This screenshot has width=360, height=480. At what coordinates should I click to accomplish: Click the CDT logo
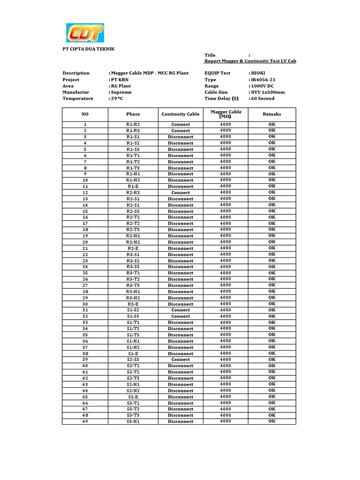pos(85,33)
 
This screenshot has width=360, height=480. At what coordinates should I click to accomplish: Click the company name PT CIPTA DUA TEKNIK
pos(89,49)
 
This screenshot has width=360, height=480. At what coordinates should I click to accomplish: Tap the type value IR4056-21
pos(263,80)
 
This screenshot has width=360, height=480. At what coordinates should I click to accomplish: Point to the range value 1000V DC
pos(262,86)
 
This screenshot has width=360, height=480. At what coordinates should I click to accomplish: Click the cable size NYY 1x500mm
pos(268,92)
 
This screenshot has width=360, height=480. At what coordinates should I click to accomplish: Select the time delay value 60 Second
pos(262,98)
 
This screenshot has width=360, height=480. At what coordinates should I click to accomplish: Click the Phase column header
pos(133,114)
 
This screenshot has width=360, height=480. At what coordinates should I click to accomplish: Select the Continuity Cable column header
pos(180,114)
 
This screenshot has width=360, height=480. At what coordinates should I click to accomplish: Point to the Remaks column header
pos(272,114)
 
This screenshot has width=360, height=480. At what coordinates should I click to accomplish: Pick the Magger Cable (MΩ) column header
pos(226,114)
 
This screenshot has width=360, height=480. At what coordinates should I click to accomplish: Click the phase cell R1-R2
pos(133,124)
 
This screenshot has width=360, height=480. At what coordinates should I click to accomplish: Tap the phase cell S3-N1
pos(133,421)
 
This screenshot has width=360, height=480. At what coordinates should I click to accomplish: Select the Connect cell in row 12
pos(180,193)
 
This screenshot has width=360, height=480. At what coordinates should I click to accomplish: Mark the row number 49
pos(85,421)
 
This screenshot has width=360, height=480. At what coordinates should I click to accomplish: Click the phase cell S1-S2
pos(133,310)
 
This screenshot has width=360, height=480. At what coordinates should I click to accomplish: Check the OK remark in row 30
pos(272,304)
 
